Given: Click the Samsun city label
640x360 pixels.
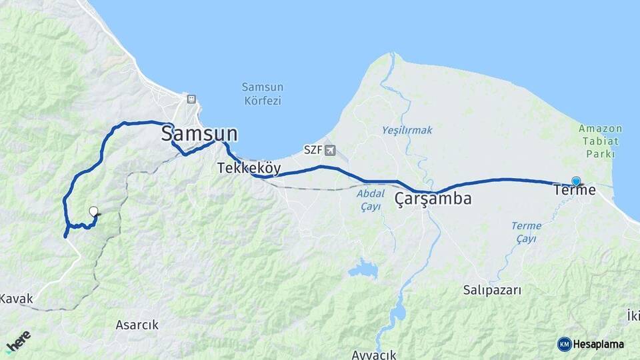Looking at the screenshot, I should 199,134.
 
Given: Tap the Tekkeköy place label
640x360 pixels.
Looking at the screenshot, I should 249,169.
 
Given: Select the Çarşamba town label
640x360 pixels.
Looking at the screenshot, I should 433,199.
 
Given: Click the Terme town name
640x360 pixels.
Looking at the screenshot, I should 575,191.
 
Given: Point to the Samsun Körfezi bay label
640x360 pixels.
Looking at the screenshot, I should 262,94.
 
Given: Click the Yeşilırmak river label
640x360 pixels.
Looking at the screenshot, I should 407,130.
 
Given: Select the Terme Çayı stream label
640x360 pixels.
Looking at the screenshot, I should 526,232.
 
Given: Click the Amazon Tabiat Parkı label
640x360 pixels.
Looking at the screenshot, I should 600,141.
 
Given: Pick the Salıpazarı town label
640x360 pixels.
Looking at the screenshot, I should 492,290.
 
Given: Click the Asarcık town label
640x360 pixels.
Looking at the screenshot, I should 137,325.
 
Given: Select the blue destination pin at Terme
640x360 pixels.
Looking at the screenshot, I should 576,181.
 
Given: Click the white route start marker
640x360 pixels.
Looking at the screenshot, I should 94,212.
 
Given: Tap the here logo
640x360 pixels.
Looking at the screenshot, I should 18,341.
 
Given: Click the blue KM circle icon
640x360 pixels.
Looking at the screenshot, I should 564,344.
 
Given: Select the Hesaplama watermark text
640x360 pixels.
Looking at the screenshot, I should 598,344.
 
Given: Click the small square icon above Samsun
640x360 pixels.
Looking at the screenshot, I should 191,99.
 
